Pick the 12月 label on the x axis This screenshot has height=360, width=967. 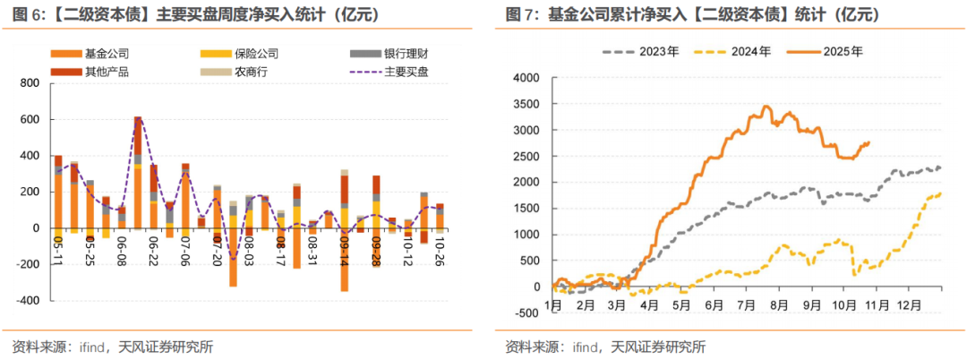click(x=910, y=305)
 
